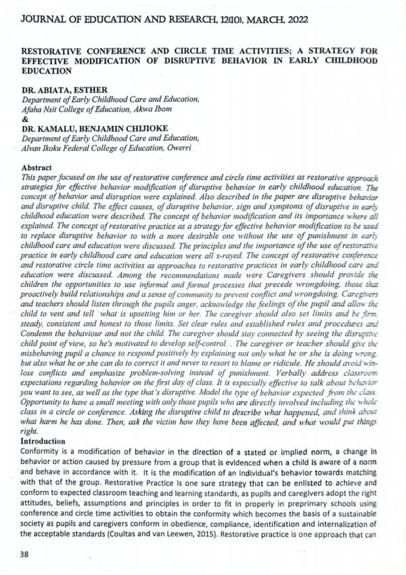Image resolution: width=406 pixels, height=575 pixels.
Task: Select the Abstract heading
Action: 38,166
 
